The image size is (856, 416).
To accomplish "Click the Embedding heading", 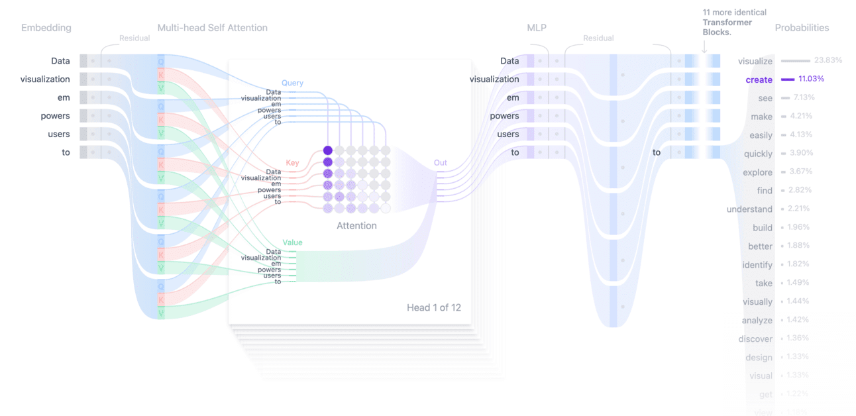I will point(46,28).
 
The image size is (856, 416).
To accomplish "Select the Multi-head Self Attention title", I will point(213,28).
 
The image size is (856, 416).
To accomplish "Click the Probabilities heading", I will point(802,28).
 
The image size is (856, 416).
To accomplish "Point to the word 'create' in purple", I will point(759,79).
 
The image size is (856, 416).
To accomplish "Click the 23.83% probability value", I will point(828,60).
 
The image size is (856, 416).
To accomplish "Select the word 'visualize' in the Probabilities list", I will point(755,61).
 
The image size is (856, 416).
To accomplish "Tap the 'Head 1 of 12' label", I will point(434,307).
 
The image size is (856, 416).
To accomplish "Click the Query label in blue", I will point(292,83).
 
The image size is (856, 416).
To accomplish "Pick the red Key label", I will point(292,163).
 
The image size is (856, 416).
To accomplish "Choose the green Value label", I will point(292,242).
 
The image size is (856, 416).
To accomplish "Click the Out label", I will point(441,163).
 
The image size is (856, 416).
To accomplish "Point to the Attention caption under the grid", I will point(356,226).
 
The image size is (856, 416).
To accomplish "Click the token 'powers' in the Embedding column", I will point(55,116).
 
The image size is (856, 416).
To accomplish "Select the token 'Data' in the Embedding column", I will point(60,61).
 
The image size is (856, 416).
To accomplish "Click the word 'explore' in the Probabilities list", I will point(757,172).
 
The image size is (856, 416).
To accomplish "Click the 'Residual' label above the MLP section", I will point(598,38).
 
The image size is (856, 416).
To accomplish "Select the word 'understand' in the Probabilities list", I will point(749,209).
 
